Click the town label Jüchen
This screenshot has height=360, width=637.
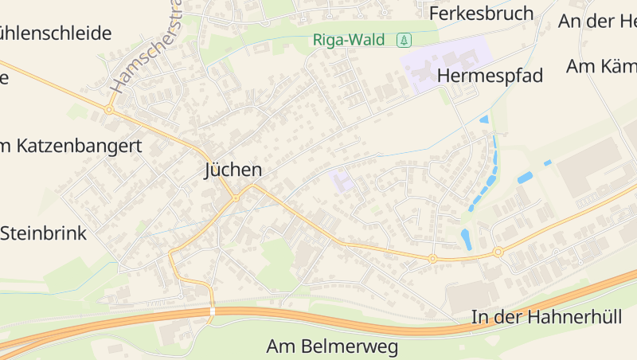[233, 170]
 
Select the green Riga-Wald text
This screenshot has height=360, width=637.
[348, 40]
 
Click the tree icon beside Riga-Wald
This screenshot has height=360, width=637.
[404, 40]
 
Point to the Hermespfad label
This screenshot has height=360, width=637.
[490, 76]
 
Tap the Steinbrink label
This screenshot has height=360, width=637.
[43, 233]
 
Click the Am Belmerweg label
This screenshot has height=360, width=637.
[332, 347]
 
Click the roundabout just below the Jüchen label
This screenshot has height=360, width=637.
[236, 198]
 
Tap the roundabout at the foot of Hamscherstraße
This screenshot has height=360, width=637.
[109, 110]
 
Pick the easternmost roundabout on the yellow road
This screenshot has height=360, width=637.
[498, 252]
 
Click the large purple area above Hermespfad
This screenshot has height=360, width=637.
[442, 61]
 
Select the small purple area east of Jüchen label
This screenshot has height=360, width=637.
[342, 181]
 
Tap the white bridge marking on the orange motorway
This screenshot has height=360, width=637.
[212, 311]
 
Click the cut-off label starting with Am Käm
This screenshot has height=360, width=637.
[601, 66]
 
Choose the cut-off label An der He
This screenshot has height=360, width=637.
[597, 22]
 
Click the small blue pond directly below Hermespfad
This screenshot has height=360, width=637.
[484, 119]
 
